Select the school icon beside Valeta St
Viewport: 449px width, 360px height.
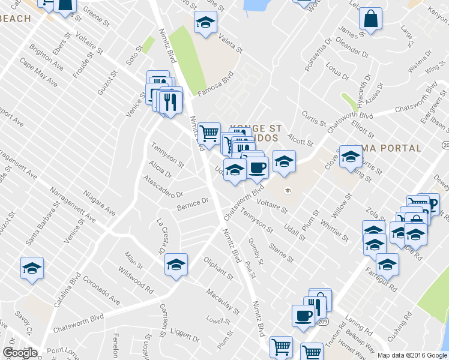(205, 23)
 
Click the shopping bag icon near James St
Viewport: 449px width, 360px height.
(370, 18)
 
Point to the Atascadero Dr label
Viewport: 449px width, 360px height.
(163, 187)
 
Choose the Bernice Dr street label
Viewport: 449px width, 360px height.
(193, 205)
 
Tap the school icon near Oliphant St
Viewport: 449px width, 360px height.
(176, 264)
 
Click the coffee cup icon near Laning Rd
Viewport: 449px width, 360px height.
(302, 315)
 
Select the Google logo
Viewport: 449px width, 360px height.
(20, 353)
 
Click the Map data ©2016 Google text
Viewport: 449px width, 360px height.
(412, 355)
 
